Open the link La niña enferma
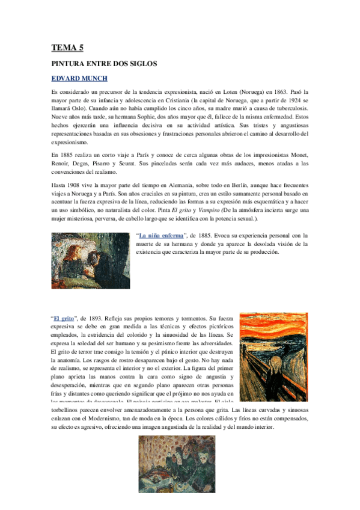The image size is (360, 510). [162, 236]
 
